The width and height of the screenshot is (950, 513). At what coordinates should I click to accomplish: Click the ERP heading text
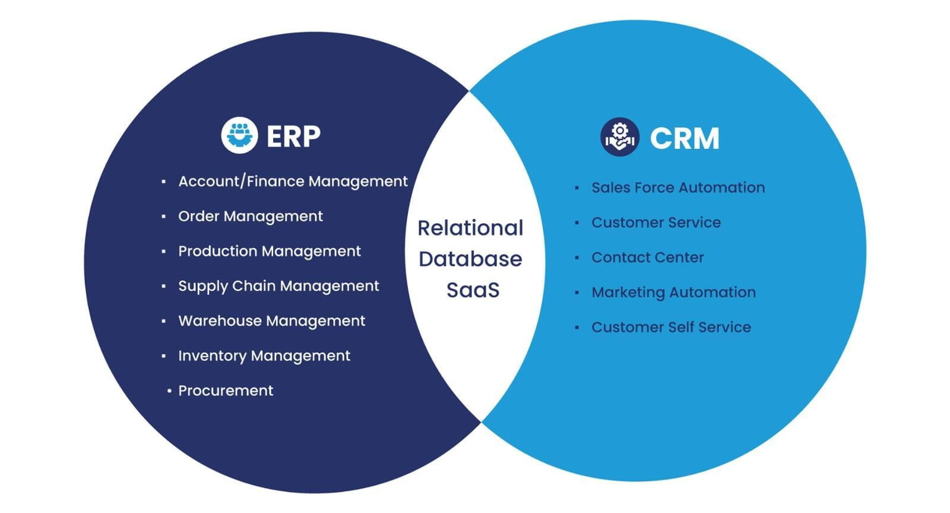(293, 136)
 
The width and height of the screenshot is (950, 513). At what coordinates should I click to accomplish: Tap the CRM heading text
(684, 138)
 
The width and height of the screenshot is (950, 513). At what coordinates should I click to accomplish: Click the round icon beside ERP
(239, 135)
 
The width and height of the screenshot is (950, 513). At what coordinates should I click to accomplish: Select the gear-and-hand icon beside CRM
(619, 137)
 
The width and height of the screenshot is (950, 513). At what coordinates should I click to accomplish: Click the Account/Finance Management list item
(293, 181)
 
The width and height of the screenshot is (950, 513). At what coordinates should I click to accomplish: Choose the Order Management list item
(250, 216)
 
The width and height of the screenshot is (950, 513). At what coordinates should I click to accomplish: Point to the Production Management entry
(269, 251)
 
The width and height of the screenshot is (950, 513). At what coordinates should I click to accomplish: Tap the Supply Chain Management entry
(278, 286)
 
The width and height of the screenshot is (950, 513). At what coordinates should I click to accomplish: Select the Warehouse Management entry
(271, 321)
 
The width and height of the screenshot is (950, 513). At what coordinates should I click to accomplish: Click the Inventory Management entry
(264, 356)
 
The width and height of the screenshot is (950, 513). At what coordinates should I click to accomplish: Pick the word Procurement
(226, 391)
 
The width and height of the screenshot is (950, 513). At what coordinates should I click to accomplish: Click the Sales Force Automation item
(677, 188)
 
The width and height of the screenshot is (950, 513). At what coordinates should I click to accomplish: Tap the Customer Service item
(655, 223)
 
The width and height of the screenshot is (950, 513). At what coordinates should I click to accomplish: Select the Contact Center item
(647, 258)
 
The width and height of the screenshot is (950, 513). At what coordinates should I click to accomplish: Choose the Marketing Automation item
(673, 292)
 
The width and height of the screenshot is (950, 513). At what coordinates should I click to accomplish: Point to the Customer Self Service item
(671, 327)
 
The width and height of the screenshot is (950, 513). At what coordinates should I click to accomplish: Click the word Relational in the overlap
(470, 228)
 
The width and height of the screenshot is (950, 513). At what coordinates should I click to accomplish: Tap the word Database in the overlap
(470, 259)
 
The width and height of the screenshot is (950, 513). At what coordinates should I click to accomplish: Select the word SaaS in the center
(473, 290)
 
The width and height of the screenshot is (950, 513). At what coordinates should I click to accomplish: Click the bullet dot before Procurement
(169, 391)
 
